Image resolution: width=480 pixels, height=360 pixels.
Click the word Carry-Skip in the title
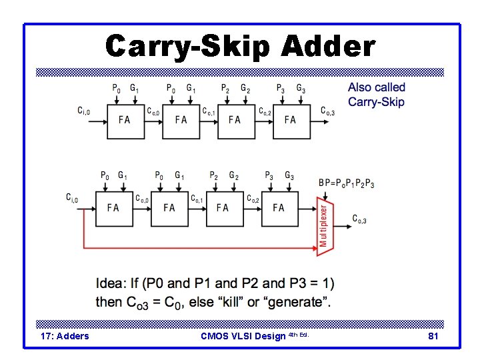pyautogui.click(x=189, y=47)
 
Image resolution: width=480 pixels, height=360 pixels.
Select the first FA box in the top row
pyautogui.click(x=125, y=120)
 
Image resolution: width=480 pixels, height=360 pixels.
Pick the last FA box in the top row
pyautogui.click(x=290, y=120)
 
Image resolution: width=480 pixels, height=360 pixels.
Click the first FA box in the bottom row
pyautogui.click(x=113, y=207)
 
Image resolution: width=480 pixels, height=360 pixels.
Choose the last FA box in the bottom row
pyautogui.click(x=279, y=207)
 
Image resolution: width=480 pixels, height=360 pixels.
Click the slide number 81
pyautogui.click(x=433, y=336)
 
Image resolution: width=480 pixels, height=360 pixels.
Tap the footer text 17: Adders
pyautogui.click(x=65, y=336)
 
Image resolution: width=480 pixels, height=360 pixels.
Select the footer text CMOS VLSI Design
pyautogui.click(x=245, y=336)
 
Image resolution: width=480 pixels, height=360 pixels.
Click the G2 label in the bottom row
pyautogui.click(x=233, y=176)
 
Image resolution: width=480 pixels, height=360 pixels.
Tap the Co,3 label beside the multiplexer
pyautogui.click(x=359, y=219)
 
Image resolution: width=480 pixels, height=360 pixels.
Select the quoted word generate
pyautogui.click(x=296, y=302)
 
